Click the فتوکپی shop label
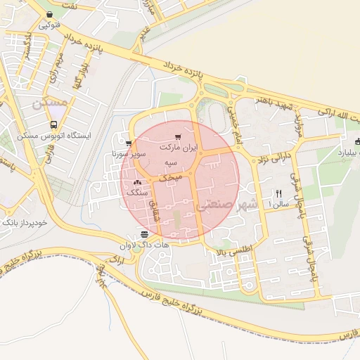(x=49, y=25)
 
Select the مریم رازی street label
(x=58, y=65)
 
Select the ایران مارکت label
(x=179, y=148)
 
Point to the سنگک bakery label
(x=136, y=192)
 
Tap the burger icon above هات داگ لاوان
(x=145, y=234)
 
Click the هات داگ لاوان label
(x=145, y=245)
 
